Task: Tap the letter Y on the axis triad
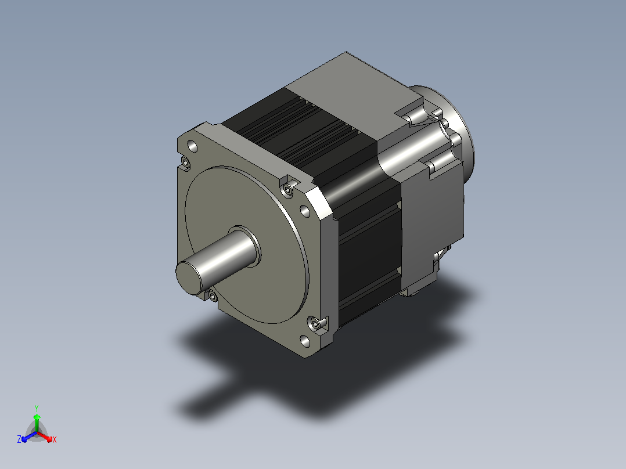37,408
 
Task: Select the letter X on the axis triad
55,439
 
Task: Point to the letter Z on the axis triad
19,439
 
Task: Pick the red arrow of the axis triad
45,436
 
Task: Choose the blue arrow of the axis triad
28,436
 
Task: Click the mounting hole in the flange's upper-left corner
192,146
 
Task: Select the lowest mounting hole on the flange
305,341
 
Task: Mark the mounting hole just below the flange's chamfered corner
305,211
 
